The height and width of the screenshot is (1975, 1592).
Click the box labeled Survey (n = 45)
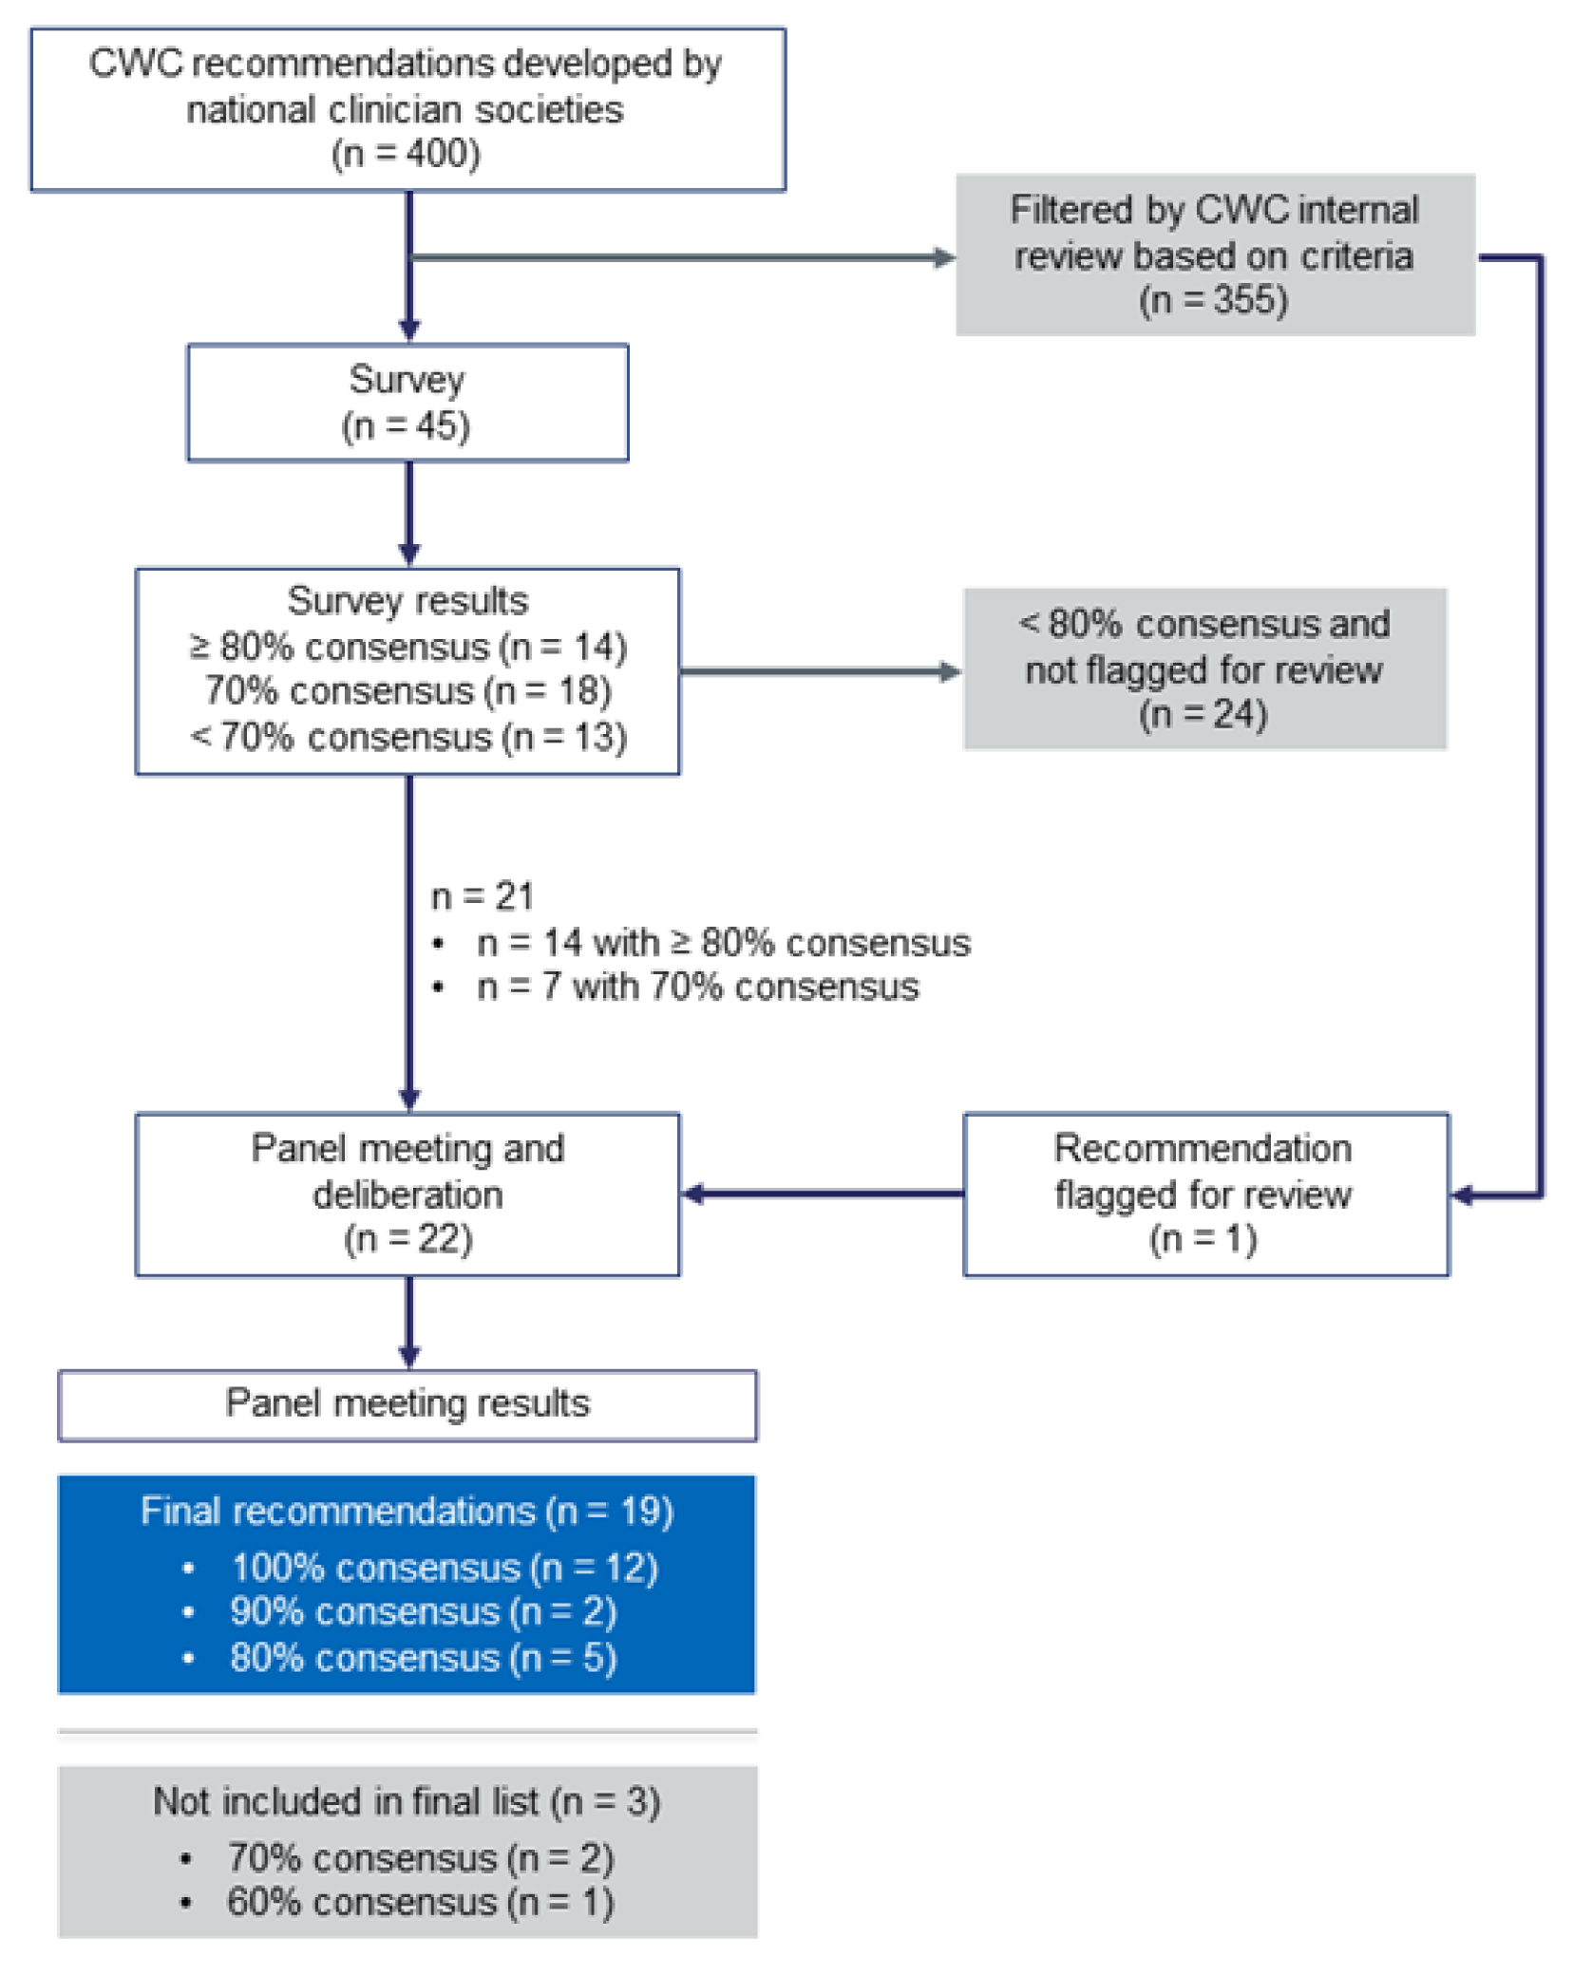click(407, 403)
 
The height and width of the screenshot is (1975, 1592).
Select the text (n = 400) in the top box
click(406, 154)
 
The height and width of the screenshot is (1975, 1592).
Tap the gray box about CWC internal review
click(1214, 254)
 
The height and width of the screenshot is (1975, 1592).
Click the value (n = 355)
click(1213, 300)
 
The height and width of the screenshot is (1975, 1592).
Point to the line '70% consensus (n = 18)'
click(407, 691)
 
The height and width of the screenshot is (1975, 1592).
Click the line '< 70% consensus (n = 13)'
click(407, 737)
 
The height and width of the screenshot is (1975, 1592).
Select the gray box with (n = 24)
click(1204, 668)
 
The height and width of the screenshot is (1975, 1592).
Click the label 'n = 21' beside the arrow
click(483, 896)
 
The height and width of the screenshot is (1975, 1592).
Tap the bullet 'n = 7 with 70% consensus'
click(697, 987)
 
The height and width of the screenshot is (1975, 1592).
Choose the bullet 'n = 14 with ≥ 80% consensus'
click(723, 943)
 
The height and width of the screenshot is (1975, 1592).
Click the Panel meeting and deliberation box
click(407, 1194)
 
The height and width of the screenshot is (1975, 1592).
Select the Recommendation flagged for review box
click(1204, 1194)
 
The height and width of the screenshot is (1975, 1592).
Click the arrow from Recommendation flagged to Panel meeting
click(822, 1194)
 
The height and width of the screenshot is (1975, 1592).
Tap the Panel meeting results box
click(407, 1404)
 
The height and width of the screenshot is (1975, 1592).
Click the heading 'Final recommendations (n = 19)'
click(407, 1511)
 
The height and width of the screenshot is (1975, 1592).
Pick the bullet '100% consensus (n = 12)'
click(444, 1568)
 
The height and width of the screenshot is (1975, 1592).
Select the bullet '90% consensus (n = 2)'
click(423, 1612)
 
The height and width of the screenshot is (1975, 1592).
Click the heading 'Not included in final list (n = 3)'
click(407, 1801)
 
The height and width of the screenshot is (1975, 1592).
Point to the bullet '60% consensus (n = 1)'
click(420, 1903)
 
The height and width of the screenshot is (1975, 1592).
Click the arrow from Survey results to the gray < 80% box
click(820, 671)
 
